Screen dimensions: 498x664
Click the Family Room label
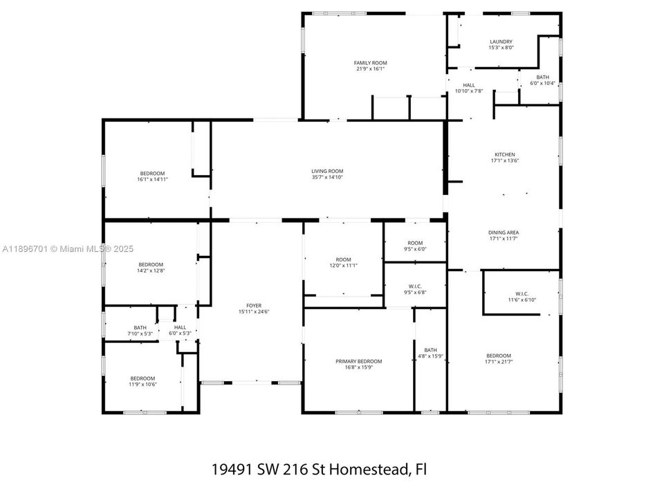370,63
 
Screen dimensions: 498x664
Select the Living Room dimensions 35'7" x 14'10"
327,177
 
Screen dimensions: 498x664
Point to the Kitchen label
504,154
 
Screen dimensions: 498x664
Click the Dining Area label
504,232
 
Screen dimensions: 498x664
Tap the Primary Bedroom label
358,361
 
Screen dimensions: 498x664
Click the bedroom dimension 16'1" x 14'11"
153,179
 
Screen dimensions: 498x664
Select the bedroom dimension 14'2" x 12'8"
151,270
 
